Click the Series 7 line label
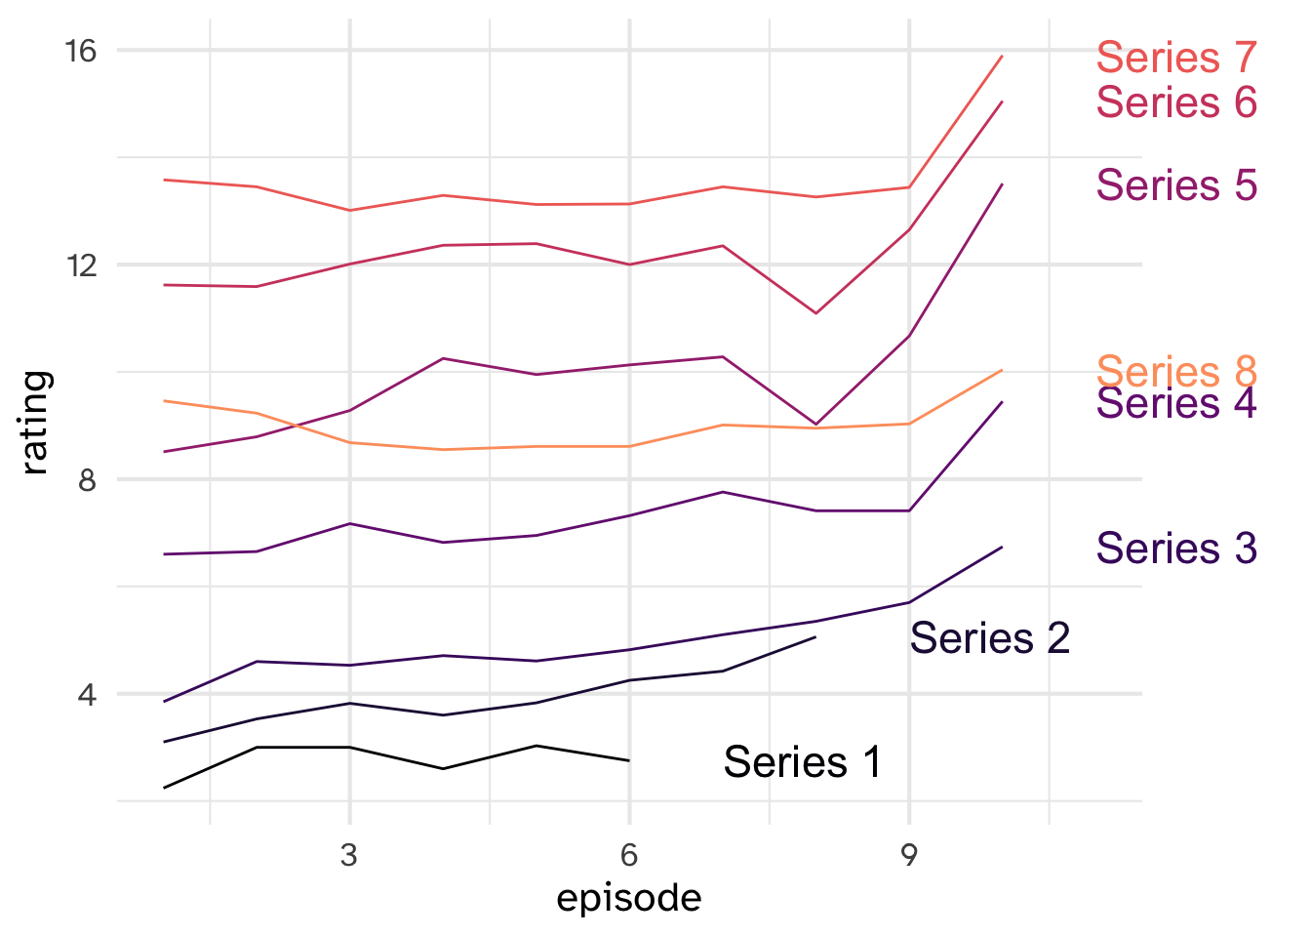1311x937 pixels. tap(1176, 58)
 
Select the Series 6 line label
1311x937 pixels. tap(1176, 102)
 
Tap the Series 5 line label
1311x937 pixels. tap(1176, 185)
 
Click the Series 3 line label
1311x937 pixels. tap(1176, 549)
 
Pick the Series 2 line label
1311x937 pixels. tap(990, 638)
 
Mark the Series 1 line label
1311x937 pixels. tap(803, 762)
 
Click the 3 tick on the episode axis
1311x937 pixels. tap(349, 856)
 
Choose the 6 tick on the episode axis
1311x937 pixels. tap(629, 856)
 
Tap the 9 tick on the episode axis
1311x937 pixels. tap(909, 856)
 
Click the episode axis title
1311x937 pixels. tap(629, 898)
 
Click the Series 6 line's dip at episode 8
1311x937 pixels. tap(815, 313)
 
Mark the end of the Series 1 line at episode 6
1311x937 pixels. tap(629, 760)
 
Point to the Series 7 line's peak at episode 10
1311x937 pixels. tap(1003, 57)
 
